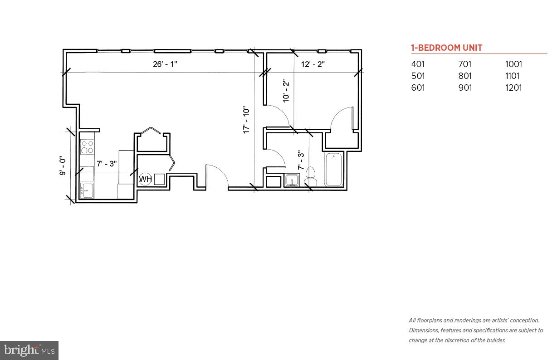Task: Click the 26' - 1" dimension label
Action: (165, 64)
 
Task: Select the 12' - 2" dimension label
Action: (313, 64)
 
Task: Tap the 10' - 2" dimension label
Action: (286, 91)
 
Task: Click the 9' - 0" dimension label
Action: (63, 166)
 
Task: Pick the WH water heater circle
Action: (145, 179)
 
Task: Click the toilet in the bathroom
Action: (311, 177)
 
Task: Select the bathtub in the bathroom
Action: (334, 170)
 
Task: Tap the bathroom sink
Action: (292, 180)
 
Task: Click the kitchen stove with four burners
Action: (87, 147)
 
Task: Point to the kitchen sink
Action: (87, 190)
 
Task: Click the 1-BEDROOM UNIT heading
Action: (446, 48)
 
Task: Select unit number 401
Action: (418, 64)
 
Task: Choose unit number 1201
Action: (513, 88)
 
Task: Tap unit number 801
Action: (465, 76)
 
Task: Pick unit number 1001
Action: (513, 64)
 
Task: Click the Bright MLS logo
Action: (29, 350)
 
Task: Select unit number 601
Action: (418, 88)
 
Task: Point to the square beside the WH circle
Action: (159, 179)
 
